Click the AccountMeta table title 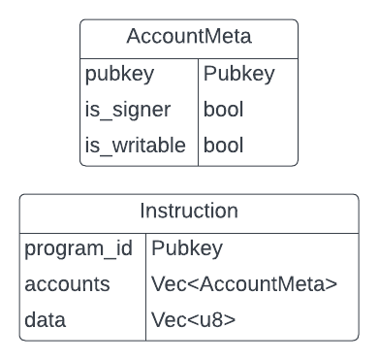tap(188, 37)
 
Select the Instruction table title tap(189, 211)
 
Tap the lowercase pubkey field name tap(119, 75)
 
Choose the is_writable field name tap(135, 147)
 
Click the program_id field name tap(77, 248)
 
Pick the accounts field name tap(68, 284)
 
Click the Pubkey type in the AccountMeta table tap(238, 75)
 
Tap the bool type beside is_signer tap(224, 111)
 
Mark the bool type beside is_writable tap(224, 147)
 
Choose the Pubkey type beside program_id tap(187, 248)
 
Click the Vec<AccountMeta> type tap(244, 284)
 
